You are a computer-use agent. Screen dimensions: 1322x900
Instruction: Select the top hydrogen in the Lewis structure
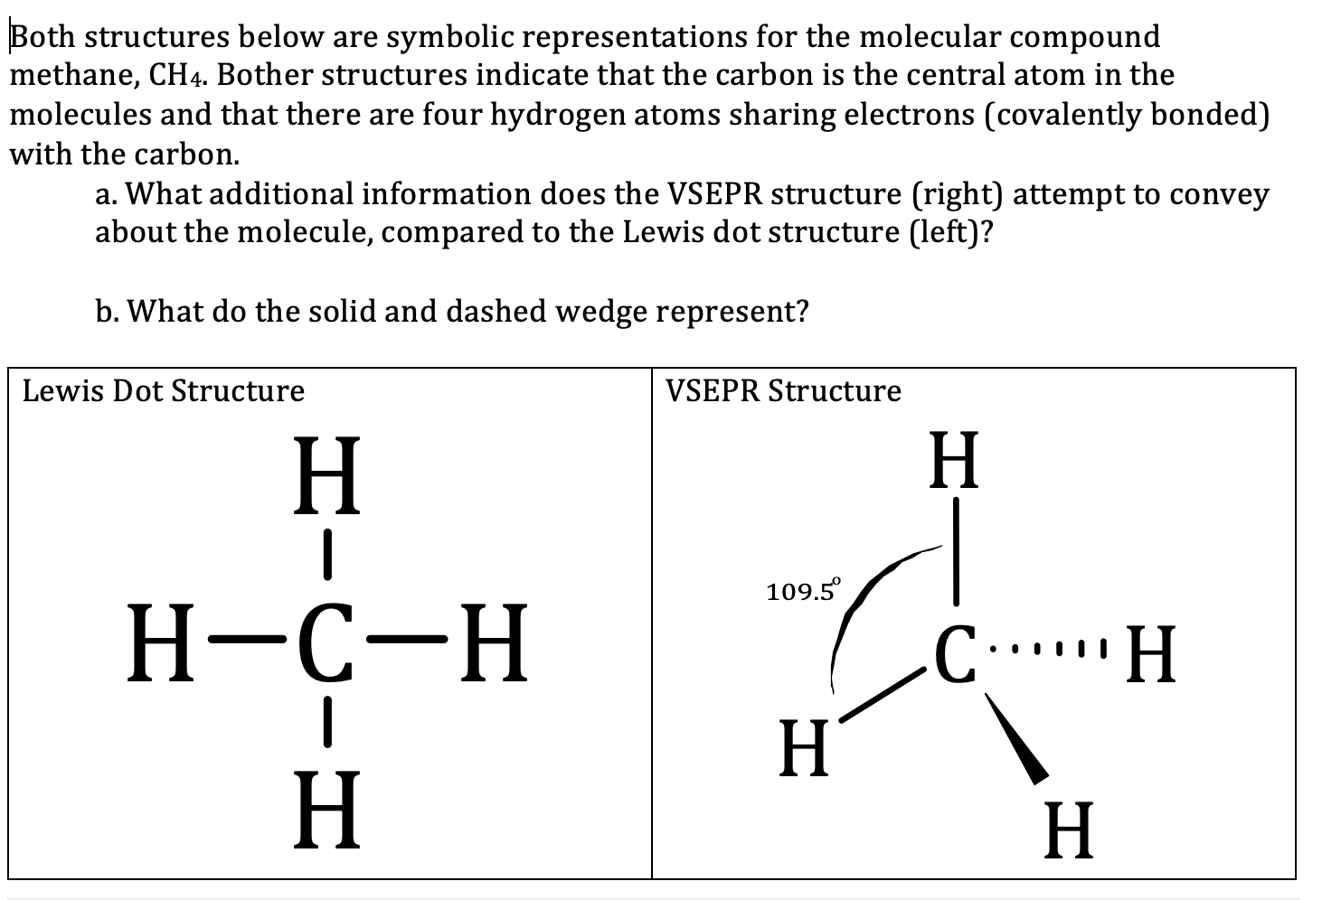(x=326, y=475)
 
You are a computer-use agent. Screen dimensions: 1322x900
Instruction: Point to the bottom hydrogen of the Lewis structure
(x=326, y=811)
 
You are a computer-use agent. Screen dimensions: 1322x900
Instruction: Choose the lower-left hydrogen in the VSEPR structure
(x=804, y=748)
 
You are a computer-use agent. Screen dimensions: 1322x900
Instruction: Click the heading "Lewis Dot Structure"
(x=164, y=391)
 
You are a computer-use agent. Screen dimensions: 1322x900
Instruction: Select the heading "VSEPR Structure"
(x=783, y=391)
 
